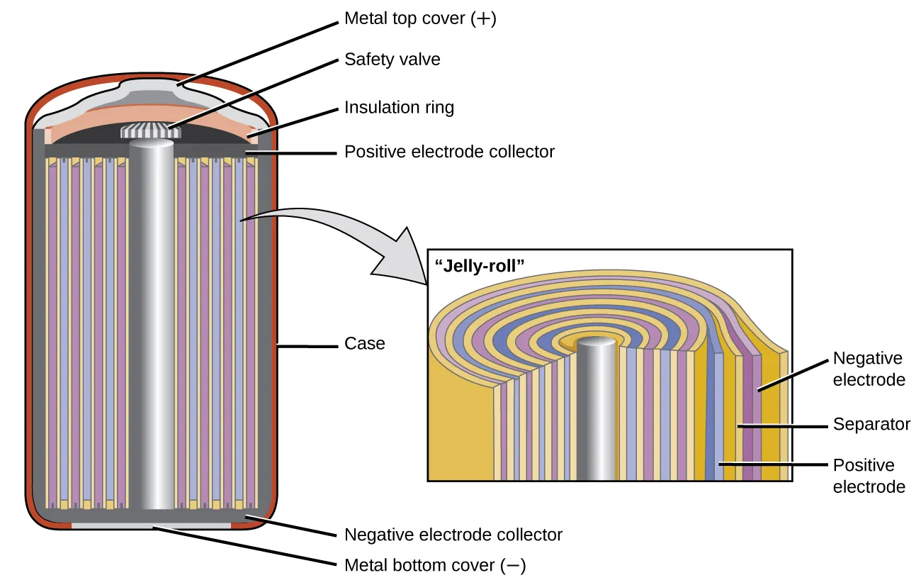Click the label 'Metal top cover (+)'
click(x=420, y=19)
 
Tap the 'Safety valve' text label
click(x=392, y=60)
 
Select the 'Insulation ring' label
click(x=399, y=108)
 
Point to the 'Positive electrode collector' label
click(x=449, y=152)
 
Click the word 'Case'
click(x=364, y=344)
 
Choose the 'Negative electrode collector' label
click(x=453, y=535)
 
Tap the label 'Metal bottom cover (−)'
click(x=434, y=566)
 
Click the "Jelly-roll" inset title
click(x=478, y=267)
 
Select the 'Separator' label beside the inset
click(x=870, y=424)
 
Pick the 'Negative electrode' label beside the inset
click(x=869, y=369)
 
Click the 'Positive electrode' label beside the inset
click(x=869, y=476)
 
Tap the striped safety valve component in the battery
click(x=150, y=132)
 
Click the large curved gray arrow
click(x=333, y=234)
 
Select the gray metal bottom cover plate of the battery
click(x=152, y=526)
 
